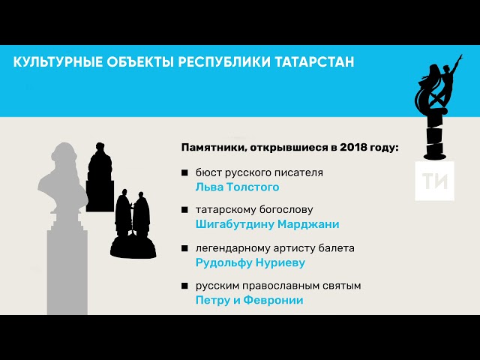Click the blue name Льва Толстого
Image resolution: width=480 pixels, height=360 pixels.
237,187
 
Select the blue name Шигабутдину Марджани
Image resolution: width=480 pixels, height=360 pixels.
267,224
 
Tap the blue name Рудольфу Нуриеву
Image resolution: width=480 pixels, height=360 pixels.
250,262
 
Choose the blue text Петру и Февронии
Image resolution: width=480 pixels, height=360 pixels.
249,300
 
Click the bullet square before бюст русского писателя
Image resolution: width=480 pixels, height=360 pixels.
184,173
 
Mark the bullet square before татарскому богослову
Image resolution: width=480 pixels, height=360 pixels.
184,211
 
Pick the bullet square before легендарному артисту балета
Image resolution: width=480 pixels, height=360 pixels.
184,248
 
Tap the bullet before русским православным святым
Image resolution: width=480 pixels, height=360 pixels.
184,286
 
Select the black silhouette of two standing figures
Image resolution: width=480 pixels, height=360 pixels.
133,217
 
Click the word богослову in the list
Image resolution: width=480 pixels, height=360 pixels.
284,210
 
